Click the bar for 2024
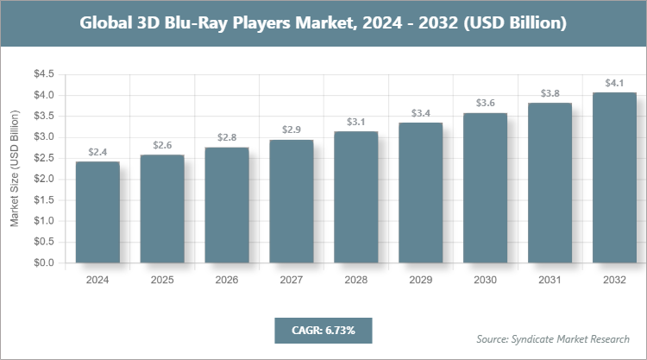[97, 212]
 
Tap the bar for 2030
[485, 187]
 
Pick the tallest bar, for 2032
[614, 177]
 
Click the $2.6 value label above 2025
[161, 145]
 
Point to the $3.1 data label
[355, 122]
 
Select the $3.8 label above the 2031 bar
[550, 93]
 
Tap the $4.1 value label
[614, 83]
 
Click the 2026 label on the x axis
[226, 280]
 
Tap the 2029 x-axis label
[420, 280]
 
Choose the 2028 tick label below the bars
[355, 280]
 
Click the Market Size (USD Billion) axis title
[15, 168]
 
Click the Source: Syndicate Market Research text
[552, 338]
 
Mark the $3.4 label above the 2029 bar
[420, 113]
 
